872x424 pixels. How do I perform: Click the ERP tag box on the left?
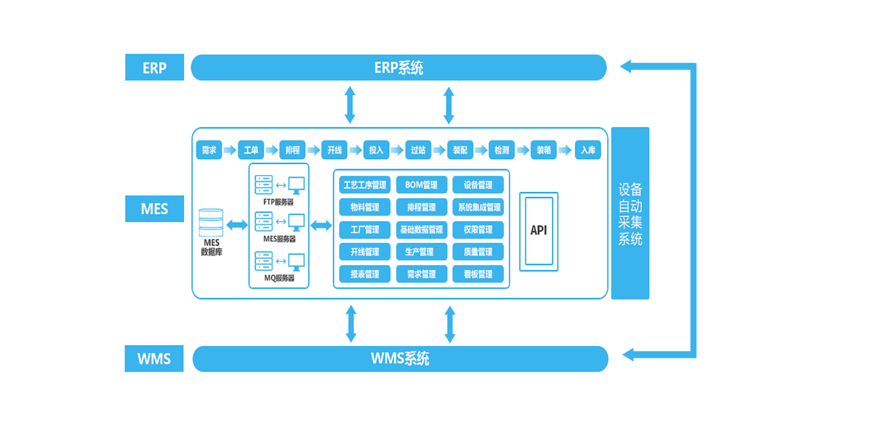point(154,67)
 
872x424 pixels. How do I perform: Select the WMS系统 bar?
point(400,359)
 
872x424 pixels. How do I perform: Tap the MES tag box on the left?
point(154,209)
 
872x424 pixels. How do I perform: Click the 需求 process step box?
point(209,150)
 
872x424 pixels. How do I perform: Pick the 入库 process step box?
point(588,150)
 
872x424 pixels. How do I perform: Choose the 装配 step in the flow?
point(460,150)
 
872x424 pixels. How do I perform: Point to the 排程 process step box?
point(292,150)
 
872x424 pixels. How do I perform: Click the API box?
point(539,231)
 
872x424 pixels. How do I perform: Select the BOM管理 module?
point(422,185)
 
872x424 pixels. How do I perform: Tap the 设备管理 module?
point(478,185)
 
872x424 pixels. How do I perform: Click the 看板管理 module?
point(478,274)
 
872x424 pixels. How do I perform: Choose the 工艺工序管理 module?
point(365,185)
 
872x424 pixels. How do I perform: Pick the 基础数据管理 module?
point(422,230)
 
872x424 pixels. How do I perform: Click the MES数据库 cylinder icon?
point(211,223)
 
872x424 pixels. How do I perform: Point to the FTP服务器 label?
point(279,202)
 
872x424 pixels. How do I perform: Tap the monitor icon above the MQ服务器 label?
point(297,261)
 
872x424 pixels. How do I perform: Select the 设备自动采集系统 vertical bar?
point(630,213)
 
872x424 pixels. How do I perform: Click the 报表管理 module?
point(365,274)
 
